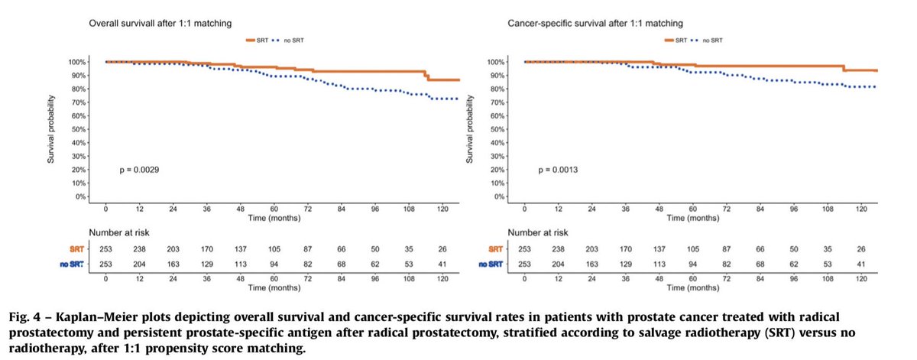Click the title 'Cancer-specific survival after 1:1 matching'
[x=574, y=24]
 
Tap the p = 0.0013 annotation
[x=557, y=170]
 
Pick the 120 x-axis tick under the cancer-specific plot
[x=861, y=209]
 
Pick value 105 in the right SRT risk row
[x=692, y=248]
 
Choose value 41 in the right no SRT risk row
[x=861, y=264]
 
